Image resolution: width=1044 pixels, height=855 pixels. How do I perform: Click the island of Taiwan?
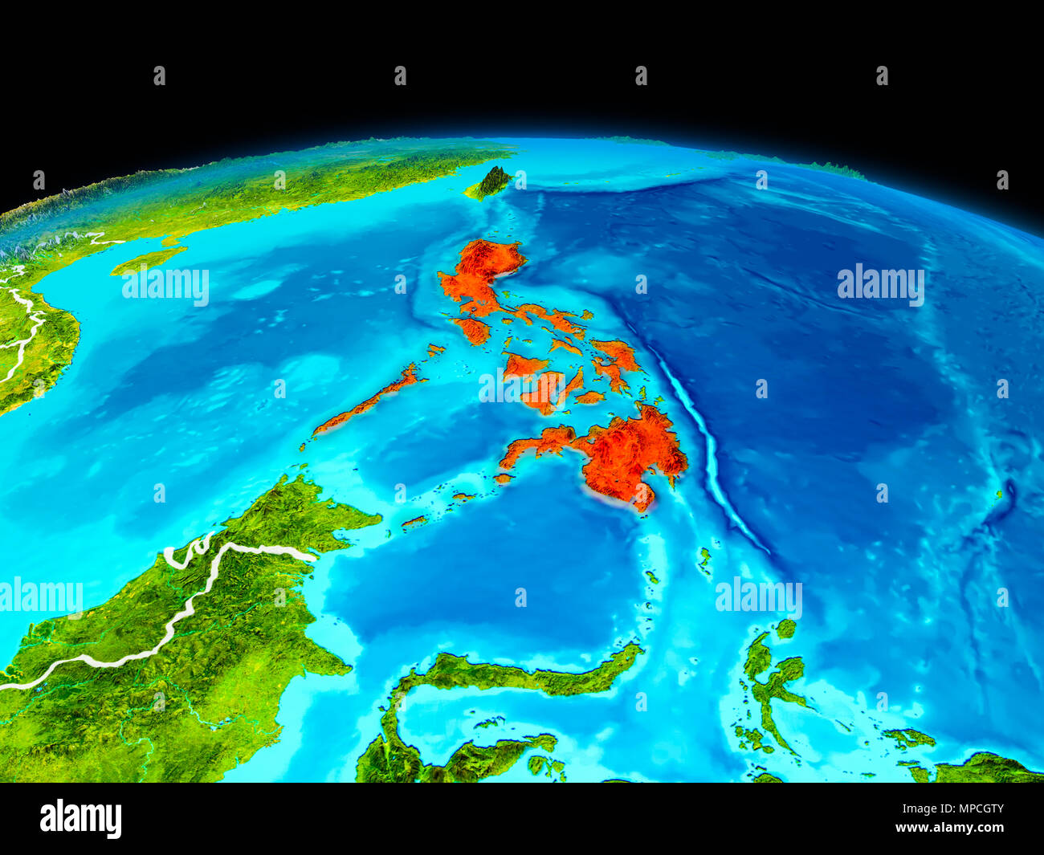coord(491,184)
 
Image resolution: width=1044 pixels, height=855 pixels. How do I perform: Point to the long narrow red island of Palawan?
coord(369,401)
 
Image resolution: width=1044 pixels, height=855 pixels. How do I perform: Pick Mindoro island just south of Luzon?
coord(473,330)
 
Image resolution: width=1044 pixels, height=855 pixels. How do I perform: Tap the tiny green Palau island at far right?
coord(1000,495)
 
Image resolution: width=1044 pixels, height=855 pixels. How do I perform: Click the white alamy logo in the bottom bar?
coord(80,818)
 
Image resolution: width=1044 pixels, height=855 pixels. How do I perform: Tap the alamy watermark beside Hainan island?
coord(165,285)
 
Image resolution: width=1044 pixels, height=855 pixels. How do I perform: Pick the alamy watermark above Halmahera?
coord(758,596)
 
